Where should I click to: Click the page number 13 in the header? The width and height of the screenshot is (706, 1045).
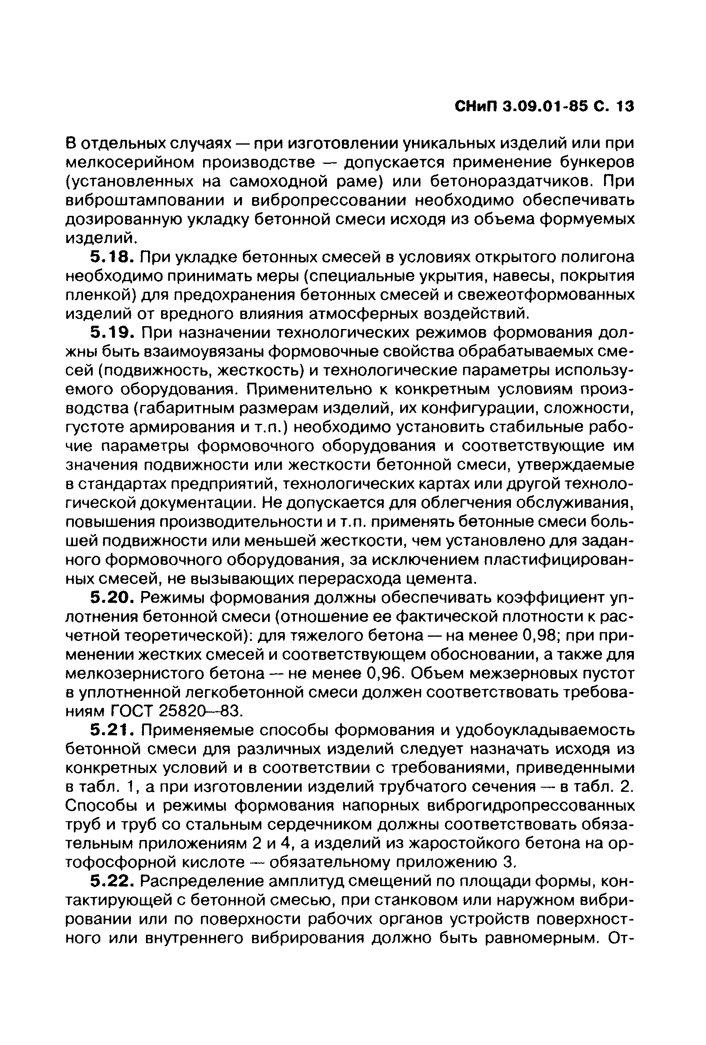pos(625,107)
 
